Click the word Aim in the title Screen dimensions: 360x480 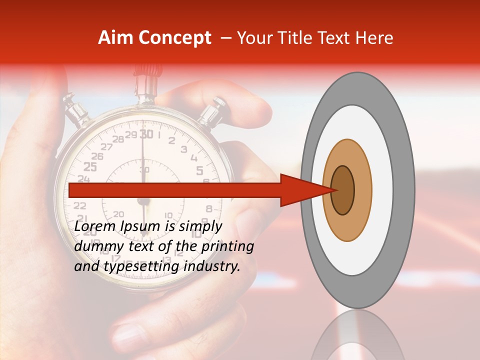coord(116,38)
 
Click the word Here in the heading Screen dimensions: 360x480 coord(374,38)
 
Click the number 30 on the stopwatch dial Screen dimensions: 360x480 coord(146,134)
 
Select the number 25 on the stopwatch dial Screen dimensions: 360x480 coord(90,167)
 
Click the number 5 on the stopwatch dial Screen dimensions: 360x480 coord(199,171)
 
